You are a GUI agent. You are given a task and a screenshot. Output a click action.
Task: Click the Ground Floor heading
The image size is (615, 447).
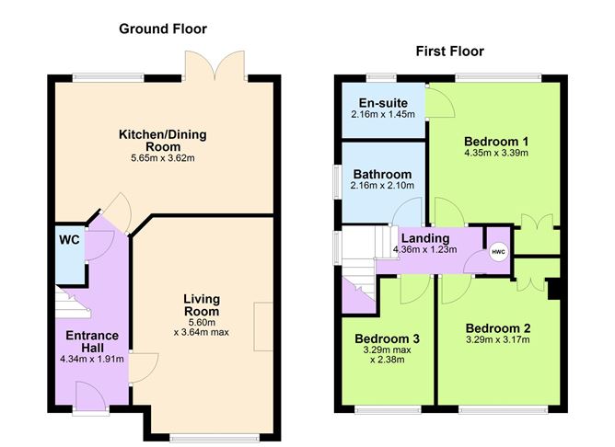click(x=162, y=29)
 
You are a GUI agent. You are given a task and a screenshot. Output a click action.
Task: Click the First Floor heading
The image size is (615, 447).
click(x=448, y=52)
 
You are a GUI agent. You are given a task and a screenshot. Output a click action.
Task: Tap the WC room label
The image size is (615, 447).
click(x=70, y=240)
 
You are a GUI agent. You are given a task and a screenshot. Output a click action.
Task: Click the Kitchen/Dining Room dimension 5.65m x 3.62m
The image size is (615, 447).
click(x=162, y=158)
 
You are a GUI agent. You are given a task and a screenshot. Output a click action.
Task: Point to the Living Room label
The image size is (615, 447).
click(x=202, y=304)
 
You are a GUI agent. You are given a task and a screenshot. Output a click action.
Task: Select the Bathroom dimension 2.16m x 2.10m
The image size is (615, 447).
click(x=383, y=186)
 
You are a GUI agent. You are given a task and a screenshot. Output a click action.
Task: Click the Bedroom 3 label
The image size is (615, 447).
click(x=388, y=338)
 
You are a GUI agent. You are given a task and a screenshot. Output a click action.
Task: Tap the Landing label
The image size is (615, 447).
click(x=424, y=237)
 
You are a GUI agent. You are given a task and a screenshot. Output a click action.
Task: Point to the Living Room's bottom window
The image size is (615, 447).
click(x=202, y=435)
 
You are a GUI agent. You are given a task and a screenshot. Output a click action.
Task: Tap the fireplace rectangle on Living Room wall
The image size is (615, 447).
click(x=264, y=326)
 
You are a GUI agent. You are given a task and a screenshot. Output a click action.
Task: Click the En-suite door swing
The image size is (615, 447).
click(x=437, y=103)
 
